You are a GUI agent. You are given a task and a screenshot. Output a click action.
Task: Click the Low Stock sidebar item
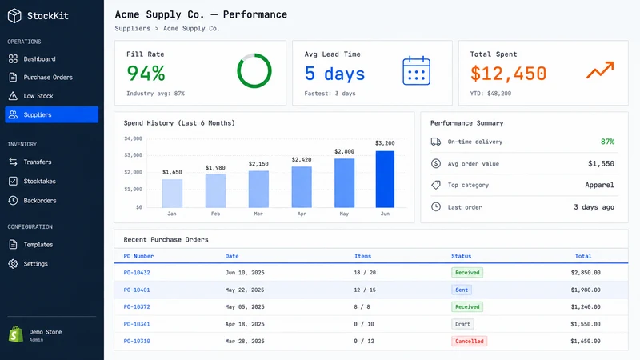(x=38, y=96)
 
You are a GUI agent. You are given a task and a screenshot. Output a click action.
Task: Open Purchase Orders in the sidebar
(x=48, y=77)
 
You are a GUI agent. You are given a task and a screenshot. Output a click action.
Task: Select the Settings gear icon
(x=13, y=264)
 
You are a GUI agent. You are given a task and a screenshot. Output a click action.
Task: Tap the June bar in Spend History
(x=385, y=179)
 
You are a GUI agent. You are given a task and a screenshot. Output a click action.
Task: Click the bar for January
(x=172, y=194)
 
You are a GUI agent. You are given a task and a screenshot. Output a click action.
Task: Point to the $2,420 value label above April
(x=302, y=159)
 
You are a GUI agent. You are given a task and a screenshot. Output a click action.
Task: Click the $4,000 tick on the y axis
(x=133, y=138)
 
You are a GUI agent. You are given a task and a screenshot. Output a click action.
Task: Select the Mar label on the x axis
(x=258, y=214)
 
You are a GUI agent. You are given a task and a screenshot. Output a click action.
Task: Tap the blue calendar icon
(x=416, y=70)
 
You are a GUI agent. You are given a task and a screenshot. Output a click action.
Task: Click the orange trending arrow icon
(x=600, y=70)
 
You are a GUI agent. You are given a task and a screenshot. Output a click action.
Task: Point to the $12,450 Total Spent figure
(x=508, y=74)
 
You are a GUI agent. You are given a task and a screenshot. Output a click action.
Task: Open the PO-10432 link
(x=137, y=273)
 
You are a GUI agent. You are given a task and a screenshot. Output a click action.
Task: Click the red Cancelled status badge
(x=469, y=342)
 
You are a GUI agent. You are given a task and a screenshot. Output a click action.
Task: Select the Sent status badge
(x=462, y=290)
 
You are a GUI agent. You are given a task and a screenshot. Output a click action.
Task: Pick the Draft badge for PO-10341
(x=462, y=324)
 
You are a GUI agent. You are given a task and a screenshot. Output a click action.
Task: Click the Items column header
(x=363, y=256)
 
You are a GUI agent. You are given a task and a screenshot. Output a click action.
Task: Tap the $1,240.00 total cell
(x=586, y=307)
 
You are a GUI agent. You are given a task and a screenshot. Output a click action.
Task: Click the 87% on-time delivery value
(x=607, y=142)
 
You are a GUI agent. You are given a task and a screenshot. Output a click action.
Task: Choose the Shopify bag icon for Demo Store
(x=16, y=334)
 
